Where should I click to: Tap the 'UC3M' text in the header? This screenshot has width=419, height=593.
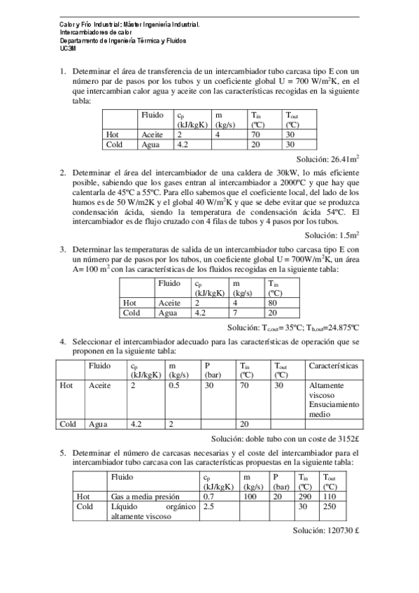tap(69, 49)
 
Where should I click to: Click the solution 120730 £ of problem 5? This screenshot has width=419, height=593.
tap(326, 530)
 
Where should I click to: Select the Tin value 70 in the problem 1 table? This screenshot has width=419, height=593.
tap(255, 134)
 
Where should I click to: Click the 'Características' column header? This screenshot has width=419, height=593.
tap(334, 365)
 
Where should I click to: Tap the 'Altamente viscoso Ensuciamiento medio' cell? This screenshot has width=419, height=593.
tap(333, 399)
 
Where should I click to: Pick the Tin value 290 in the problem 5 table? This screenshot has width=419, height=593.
tap(304, 496)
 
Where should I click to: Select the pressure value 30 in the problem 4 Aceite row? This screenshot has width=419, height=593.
tap(208, 385)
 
